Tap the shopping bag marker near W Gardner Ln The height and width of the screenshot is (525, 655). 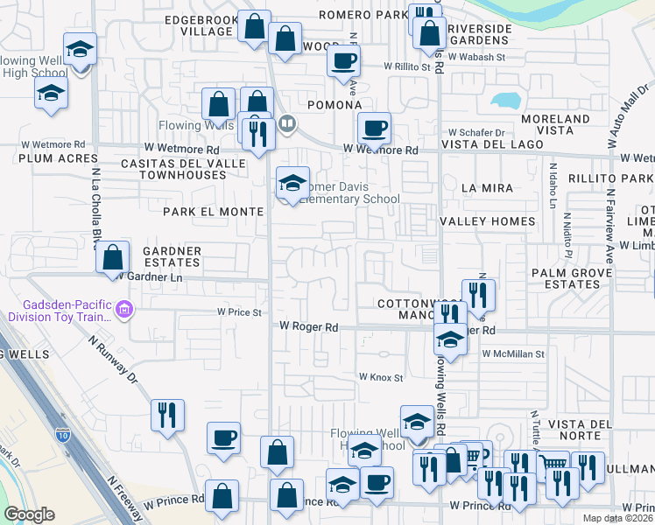(113, 258)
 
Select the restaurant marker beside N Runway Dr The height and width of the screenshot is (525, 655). (167, 416)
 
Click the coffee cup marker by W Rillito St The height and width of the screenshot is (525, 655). (343, 61)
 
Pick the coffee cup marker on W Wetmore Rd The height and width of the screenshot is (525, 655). (374, 129)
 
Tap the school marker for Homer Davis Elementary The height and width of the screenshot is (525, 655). (292, 184)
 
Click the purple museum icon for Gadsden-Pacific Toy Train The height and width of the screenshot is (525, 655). (124, 309)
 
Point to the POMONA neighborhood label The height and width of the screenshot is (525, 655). (335, 105)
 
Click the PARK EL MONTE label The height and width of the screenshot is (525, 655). (213, 212)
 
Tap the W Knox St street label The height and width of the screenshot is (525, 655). (379, 377)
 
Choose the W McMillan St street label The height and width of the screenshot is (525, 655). (513, 354)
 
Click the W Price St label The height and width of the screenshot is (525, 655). (240, 311)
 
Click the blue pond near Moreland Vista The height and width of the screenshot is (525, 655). (505, 100)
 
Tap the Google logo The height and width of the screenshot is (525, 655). (29, 514)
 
